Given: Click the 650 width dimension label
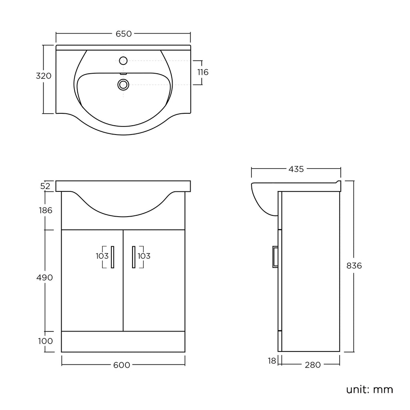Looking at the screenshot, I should click(124, 34).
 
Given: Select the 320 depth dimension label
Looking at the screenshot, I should click(44, 76).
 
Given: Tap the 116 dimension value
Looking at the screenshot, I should click(203, 72).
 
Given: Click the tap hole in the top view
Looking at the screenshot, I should click(123, 61).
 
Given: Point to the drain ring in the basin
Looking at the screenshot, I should click(123, 84).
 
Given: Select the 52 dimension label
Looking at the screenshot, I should click(45, 186).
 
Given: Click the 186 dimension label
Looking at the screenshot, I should click(46, 210).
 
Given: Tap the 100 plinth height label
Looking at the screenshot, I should click(46, 341).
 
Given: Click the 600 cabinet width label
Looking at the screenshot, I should click(122, 365).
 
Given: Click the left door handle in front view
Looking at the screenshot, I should click(113, 257).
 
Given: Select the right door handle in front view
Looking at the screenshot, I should click(133, 257).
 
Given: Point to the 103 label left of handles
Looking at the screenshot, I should click(102, 256).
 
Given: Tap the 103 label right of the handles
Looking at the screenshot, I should click(144, 256).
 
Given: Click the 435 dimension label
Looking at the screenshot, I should click(296, 169).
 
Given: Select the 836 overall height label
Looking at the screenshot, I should click(354, 265).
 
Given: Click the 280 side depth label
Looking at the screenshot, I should click(313, 365).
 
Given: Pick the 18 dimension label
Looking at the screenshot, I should click(272, 361).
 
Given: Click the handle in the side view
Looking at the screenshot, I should click(275, 256).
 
